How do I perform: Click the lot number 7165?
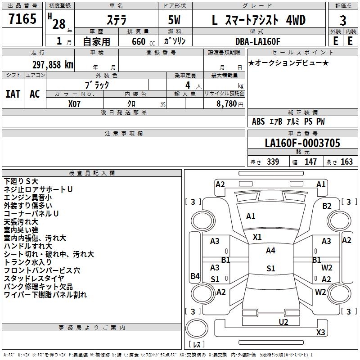coord(22,19)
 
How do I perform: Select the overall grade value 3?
coord(343,20)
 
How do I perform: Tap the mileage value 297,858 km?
coord(53,64)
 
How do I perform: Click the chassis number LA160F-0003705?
coord(302,144)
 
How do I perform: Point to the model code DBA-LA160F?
coord(257,41)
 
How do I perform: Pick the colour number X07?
coord(75,103)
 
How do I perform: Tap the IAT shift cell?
coord(13,94)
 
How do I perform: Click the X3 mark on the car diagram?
coord(320,333)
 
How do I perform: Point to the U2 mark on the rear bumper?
coord(283,322)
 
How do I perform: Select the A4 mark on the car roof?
coord(270,251)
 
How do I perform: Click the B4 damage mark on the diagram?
coord(195,276)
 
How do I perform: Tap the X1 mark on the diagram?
coord(257,237)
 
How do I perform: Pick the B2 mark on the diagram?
coord(327,206)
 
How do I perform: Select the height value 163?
coord(346,162)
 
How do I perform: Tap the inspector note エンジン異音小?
coord(28,197)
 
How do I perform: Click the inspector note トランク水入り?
coord(28,262)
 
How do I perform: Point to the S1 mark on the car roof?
coord(270,269)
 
